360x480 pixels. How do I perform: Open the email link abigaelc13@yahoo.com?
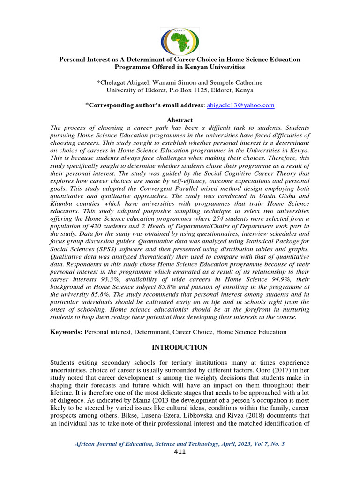[x=240, y=105]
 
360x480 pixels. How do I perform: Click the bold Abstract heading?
[x=180, y=120]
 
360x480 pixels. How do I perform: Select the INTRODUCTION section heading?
[x=180, y=347]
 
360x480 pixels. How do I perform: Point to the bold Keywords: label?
[x=67, y=332]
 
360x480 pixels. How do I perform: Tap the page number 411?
[x=180, y=452]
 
